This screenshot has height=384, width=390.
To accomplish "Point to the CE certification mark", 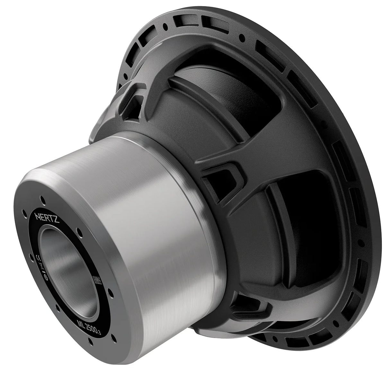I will [38, 257].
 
